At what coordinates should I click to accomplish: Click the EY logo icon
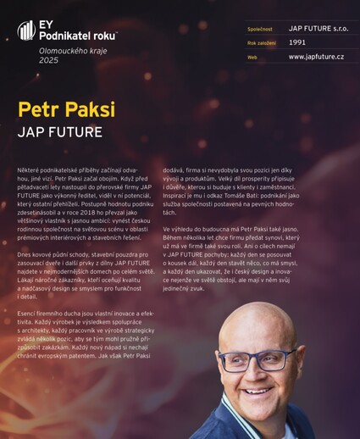click(x=26, y=31)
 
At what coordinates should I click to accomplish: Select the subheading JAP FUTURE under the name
click(x=59, y=132)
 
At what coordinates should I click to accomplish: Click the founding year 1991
click(x=297, y=42)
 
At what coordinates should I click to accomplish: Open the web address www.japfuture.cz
click(x=316, y=56)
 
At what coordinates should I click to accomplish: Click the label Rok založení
click(x=262, y=42)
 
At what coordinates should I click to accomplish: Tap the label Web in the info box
click(x=252, y=57)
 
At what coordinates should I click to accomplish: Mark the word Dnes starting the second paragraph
click(x=27, y=255)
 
